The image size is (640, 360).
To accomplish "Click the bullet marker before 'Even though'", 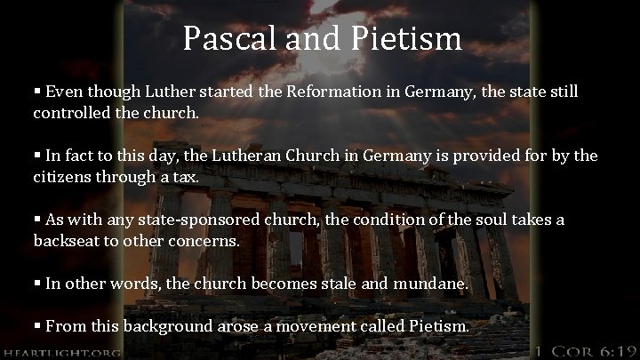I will (38, 92).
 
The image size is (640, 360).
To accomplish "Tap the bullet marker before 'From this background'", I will (38, 326).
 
